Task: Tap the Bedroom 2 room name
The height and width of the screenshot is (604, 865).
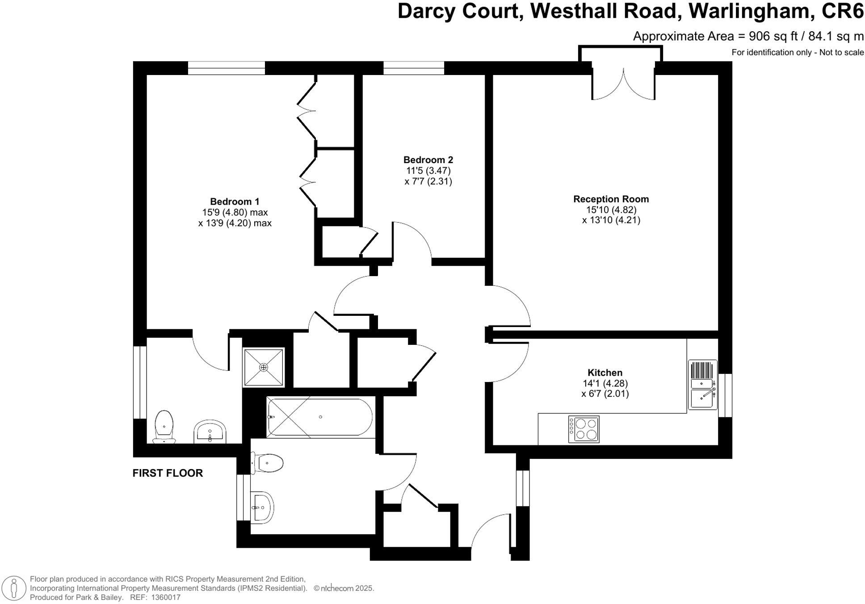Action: point(428,160)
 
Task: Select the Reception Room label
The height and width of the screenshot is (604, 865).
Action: point(611,199)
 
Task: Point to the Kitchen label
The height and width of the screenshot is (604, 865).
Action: point(605,373)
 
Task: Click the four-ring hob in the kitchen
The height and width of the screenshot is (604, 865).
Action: point(584,429)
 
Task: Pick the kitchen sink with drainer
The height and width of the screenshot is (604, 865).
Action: point(702,385)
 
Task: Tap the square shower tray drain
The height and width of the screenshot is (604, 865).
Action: point(264,367)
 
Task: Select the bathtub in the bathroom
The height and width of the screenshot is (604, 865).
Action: point(319,417)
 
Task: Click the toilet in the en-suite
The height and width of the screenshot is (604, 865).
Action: point(164,426)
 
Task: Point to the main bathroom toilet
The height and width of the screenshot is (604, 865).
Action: point(267,463)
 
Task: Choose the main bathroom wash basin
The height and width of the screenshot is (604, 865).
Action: point(262,508)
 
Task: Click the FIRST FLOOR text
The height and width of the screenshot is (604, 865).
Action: point(168,473)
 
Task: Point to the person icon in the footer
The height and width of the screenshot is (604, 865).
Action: point(14,588)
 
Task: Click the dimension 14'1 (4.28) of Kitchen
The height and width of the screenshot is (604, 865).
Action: point(605,383)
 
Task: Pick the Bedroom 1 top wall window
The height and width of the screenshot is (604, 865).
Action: point(226,68)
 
